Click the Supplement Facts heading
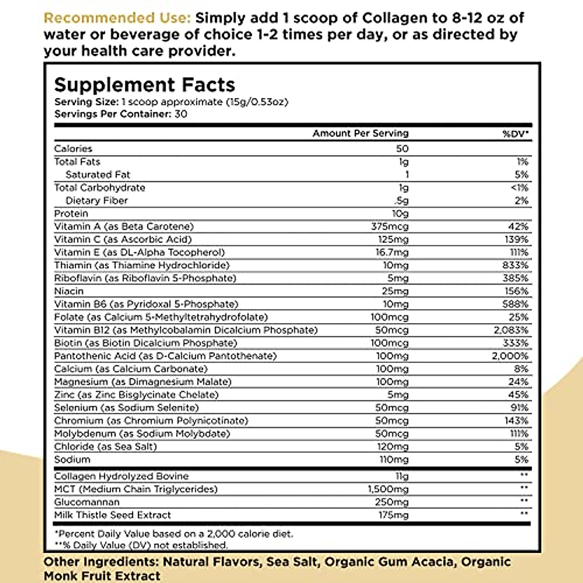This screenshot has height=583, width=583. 144,85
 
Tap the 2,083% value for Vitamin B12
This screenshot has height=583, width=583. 511,330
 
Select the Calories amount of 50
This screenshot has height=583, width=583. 402,149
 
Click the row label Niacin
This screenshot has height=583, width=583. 69,291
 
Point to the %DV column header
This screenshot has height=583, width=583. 515,134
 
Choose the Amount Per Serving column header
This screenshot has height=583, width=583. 360,133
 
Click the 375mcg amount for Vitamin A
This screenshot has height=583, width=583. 390,226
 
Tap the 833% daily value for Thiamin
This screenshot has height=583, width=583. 515,265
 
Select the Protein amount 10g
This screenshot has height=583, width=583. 400,213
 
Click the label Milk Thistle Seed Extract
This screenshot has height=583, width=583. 113,515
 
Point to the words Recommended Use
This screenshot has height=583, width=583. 117,18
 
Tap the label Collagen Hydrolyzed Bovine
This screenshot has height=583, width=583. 121,476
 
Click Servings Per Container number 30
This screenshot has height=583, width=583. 181,114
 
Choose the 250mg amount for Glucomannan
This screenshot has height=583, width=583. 391,502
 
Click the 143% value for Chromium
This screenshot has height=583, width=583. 516,421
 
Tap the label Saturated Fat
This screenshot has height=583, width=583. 98,174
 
